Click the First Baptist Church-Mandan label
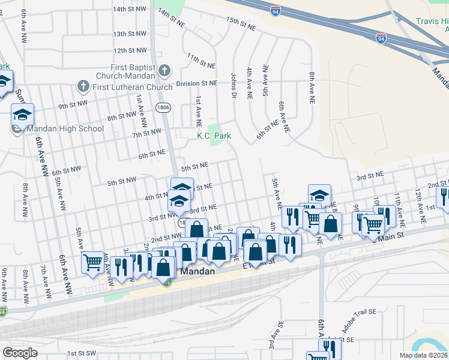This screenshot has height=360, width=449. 133,71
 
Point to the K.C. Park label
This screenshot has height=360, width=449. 214,136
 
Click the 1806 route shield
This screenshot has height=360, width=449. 162,107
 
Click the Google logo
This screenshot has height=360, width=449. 20,353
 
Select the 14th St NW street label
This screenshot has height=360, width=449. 130,9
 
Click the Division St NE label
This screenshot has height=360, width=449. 196,83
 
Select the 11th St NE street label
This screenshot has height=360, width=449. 201,60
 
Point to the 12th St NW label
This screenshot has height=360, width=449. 130,50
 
